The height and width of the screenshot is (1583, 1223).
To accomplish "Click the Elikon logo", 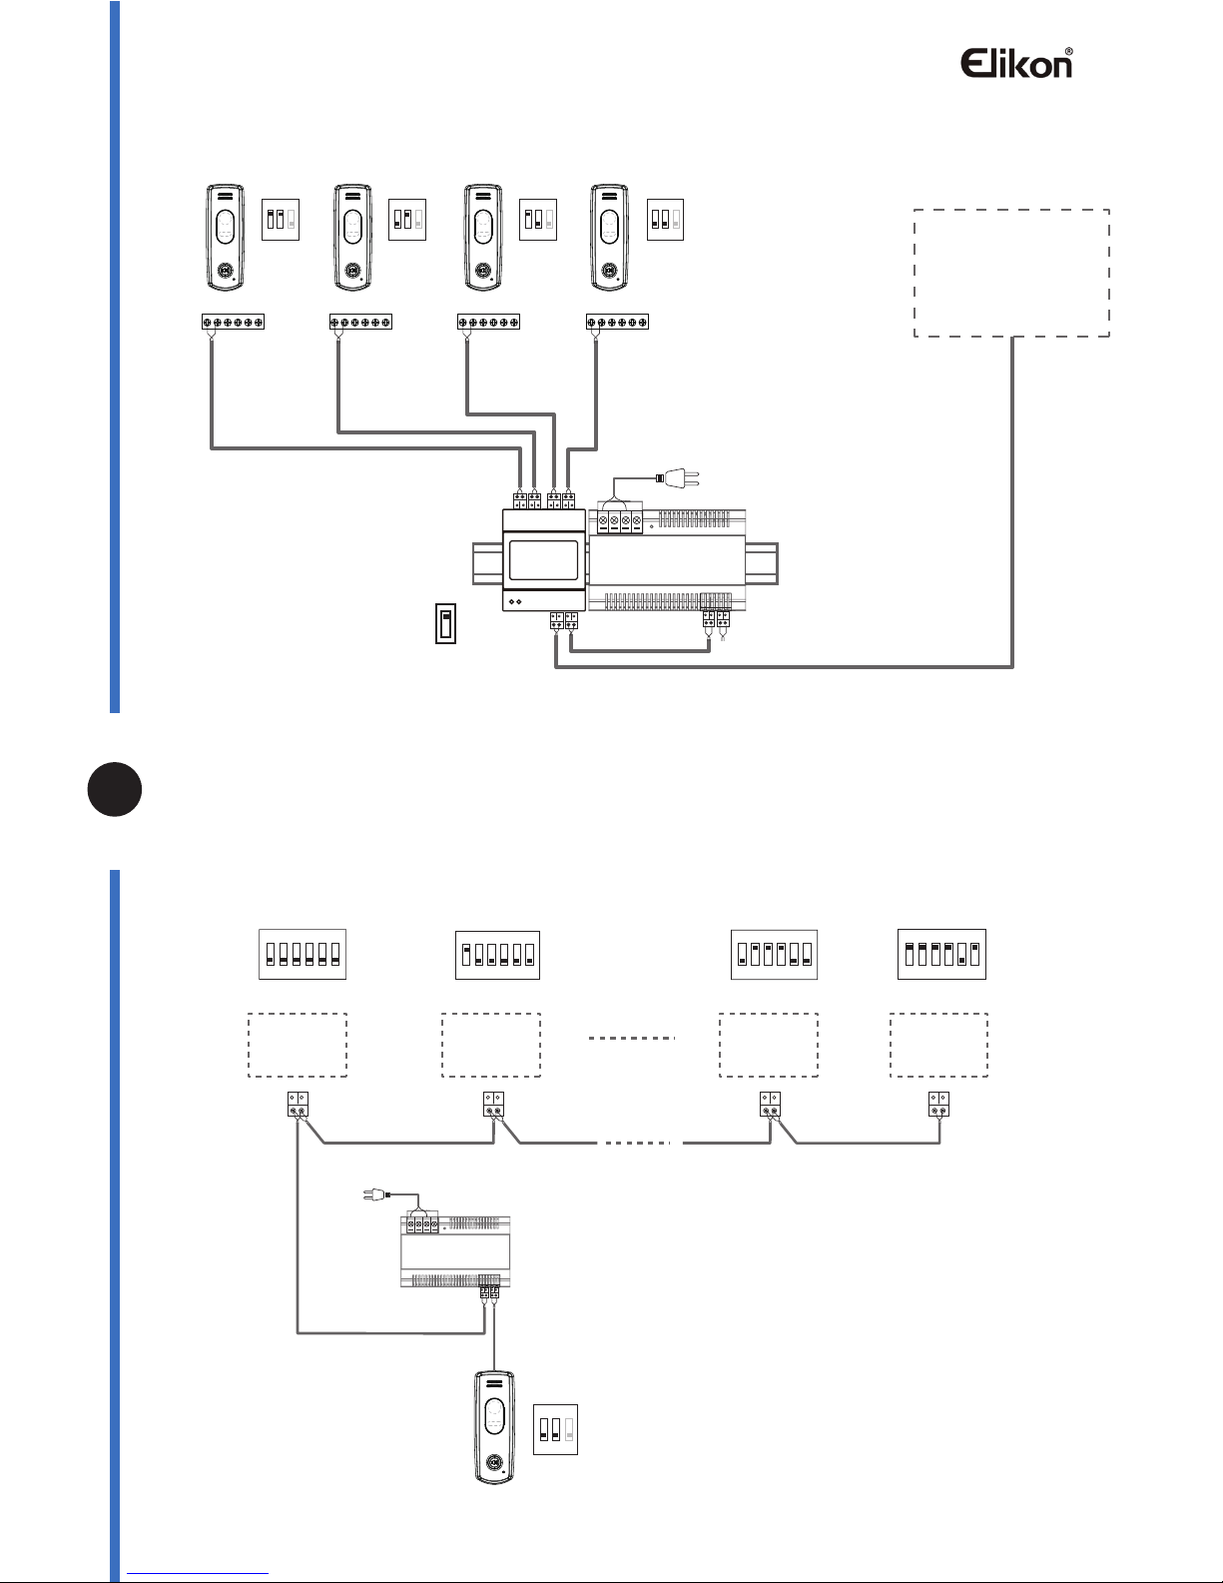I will [1016, 63].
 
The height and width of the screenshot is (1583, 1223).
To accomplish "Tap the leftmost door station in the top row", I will [226, 238].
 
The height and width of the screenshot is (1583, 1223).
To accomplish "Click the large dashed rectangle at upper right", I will [1011, 273].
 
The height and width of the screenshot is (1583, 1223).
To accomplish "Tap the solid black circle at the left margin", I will [114, 789].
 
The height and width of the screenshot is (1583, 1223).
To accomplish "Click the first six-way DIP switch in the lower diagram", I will [303, 954].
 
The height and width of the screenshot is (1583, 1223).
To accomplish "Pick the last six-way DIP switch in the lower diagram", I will [941, 954].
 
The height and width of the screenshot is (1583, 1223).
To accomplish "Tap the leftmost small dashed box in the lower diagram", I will [298, 1045].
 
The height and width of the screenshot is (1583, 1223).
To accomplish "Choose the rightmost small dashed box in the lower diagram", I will [938, 1045].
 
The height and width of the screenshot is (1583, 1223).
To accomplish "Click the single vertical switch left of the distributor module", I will [446, 624].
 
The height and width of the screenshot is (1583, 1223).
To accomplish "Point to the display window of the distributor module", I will [543, 560].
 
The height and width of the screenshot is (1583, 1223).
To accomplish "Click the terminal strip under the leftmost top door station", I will [233, 323].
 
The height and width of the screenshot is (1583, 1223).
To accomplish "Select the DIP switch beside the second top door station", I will [406, 219].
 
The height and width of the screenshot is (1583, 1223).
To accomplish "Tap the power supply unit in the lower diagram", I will [455, 1251].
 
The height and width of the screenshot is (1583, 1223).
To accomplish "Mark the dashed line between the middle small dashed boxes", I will [632, 1039].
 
